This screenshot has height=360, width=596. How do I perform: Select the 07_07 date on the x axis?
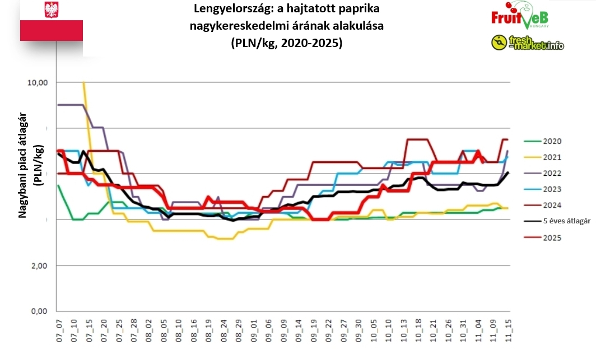(59, 329)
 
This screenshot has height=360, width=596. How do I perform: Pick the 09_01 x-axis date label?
(253, 329)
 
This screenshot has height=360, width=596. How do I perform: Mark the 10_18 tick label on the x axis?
(418, 329)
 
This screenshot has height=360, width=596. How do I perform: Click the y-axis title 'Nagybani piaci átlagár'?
(24, 168)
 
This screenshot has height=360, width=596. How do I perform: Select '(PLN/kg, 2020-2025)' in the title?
(286, 43)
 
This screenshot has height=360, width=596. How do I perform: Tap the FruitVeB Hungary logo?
(519, 17)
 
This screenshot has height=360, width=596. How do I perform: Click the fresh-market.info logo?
(528, 43)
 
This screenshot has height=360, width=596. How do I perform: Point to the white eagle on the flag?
(52, 10)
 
